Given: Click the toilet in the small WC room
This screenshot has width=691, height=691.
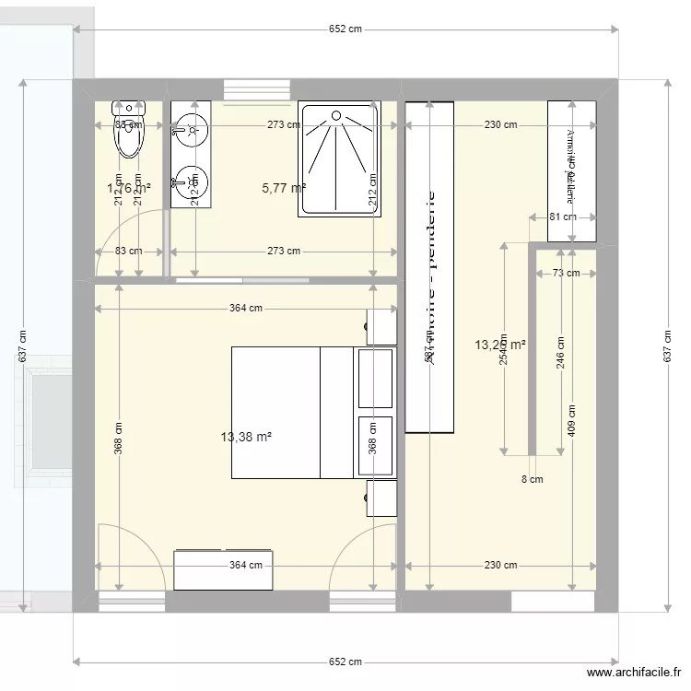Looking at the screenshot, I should [x=129, y=134].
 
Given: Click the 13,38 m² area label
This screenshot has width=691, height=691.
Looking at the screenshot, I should [x=247, y=437].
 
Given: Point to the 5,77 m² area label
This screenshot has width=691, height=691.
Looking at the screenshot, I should [x=284, y=188].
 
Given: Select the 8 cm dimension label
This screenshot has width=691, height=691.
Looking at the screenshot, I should [x=532, y=479].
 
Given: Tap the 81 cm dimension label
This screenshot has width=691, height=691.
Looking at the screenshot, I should [x=562, y=217].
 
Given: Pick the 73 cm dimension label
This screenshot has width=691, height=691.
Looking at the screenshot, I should [x=566, y=273].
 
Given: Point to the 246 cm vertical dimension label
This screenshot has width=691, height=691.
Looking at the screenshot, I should [x=560, y=350].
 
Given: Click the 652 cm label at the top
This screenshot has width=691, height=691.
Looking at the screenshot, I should [x=345, y=29].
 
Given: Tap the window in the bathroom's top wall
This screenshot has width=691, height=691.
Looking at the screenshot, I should [x=257, y=89].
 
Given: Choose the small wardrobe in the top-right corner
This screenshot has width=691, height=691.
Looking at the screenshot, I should [x=571, y=170].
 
